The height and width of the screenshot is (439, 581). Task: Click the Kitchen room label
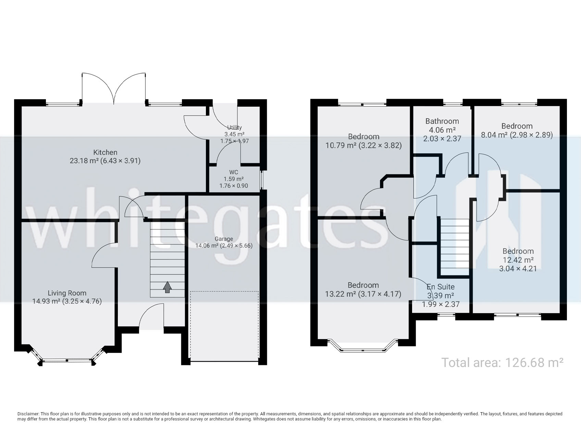(105, 152)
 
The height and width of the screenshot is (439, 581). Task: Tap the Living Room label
(67, 293)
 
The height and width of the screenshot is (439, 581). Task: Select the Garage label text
(224, 239)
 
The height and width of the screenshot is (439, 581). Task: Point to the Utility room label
(234, 128)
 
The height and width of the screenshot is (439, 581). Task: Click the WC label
(234, 172)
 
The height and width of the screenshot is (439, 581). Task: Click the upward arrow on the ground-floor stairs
(167, 287)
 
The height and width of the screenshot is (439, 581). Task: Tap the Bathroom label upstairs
(442, 121)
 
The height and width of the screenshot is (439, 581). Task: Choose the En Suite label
(441, 287)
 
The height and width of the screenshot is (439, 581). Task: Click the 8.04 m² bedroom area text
(517, 135)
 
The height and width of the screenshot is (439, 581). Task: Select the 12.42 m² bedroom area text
(518, 260)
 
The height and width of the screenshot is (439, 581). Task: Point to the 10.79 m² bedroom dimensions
(363, 145)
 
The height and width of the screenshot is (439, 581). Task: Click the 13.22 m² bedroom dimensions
(363, 294)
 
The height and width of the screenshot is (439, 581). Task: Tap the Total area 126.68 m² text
(502, 362)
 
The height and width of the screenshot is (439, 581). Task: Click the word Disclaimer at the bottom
(28, 414)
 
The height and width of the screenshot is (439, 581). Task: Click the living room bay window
(67, 360)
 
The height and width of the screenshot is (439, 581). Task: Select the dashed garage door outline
(224, 326)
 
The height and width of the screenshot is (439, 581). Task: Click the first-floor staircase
(455, 247)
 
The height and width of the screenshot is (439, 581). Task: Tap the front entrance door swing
(151, 317)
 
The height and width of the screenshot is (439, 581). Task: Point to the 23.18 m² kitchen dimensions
(105, 161)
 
